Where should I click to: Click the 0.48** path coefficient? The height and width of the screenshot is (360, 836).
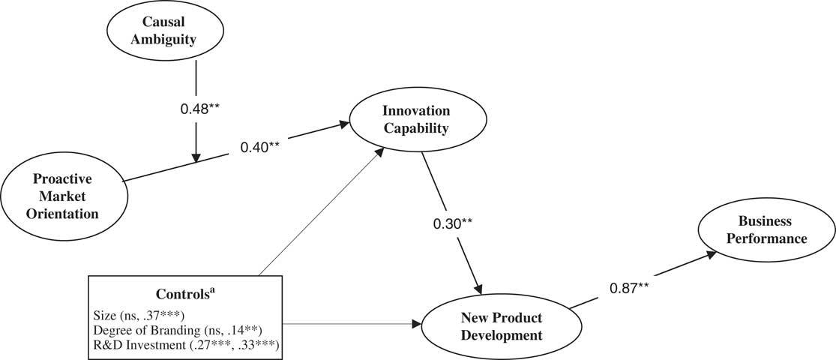tap(199, 109)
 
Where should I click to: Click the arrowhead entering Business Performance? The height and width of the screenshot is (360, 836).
tap(709, 256)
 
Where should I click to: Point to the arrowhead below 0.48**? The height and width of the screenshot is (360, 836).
tap(196, 157)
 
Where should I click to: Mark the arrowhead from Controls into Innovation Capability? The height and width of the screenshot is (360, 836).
tap(381, 151)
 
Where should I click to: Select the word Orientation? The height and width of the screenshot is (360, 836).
tap(65, 214)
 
